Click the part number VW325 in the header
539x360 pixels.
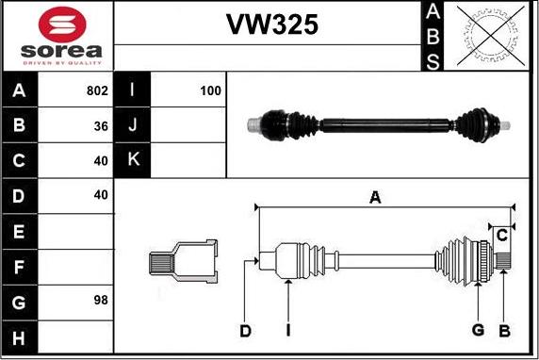(x=272, y=25)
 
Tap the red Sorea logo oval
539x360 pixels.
(x=62, y=25)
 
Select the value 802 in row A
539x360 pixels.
(x=97, y=90)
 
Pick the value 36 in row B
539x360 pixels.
(x=101, y=126)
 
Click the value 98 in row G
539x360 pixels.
(x=101, y=301)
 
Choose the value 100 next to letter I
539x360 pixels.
(x=210, y=90)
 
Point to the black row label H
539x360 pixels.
(x=19, y=337)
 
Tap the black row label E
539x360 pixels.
(x=19, y=232)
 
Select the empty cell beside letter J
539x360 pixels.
(x=188, y=124)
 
